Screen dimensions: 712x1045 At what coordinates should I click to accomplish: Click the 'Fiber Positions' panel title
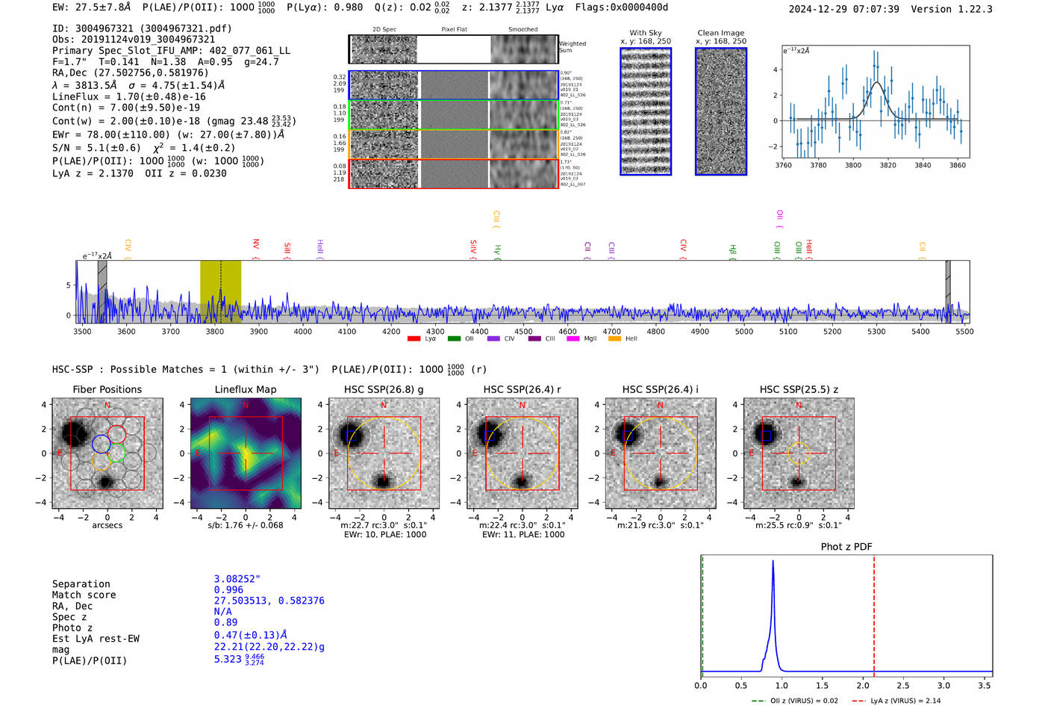pyautogui.click(x=107, y=389)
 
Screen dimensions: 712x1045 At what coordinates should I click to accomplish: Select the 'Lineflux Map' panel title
pyautogui.click(x=245, y=389)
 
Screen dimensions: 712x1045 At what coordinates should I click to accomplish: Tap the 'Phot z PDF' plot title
pyautogui.click(x=846, y=546)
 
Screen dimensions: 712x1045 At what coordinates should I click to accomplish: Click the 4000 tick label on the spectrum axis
pyautogui.click(x=302, y=332)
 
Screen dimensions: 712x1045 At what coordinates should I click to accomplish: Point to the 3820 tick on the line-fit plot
pyautogui.click(x=888, y=165)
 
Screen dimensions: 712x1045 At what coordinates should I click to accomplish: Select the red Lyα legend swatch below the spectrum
pyautogui.click(x=414, y=339)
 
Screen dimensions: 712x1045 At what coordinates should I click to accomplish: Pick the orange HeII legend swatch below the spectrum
pyautogui.click(x=614, y=339)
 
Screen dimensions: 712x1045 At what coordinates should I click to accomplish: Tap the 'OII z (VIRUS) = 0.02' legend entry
pyautogui.click(x=795, y=701)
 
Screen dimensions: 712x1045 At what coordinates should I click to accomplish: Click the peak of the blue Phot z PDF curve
pyautogui.click(x=773, y=561)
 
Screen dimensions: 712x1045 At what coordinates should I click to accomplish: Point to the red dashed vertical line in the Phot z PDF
pyautogui.click(x=873, y=613)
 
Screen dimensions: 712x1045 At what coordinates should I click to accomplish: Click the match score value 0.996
pyautogui.click(x=228, y=590)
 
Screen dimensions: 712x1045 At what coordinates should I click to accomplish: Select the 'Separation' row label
pyautogui.click(x=81, y=584)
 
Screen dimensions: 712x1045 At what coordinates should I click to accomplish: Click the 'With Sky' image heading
pyautogui.click(x=646, y=33)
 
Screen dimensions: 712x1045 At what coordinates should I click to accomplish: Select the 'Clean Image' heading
pyautogui.click(x=720, y=33)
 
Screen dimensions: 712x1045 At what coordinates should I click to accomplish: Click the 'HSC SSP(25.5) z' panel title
pyautogui.click(x=799, y=389)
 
